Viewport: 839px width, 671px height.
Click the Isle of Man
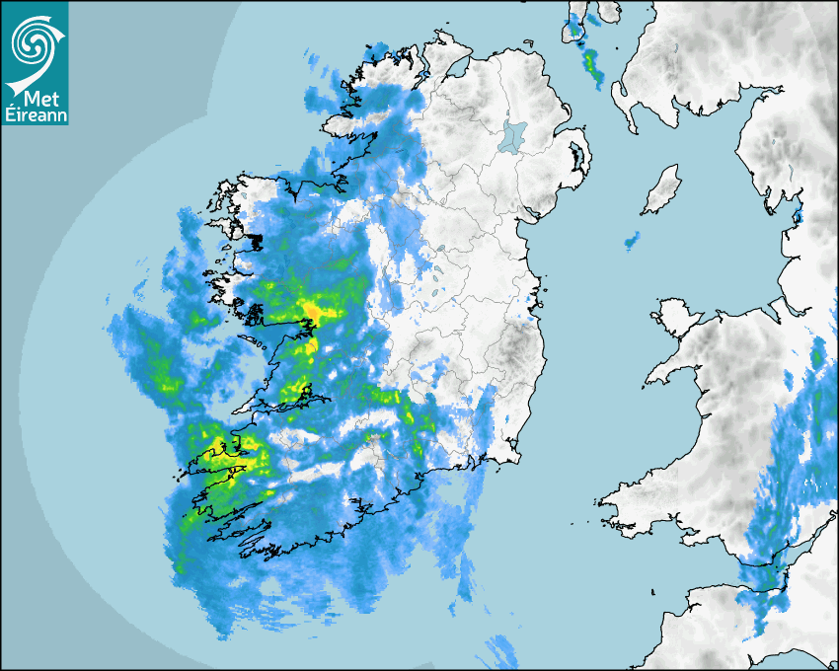661,190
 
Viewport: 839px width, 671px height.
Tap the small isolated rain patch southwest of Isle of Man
632,240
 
